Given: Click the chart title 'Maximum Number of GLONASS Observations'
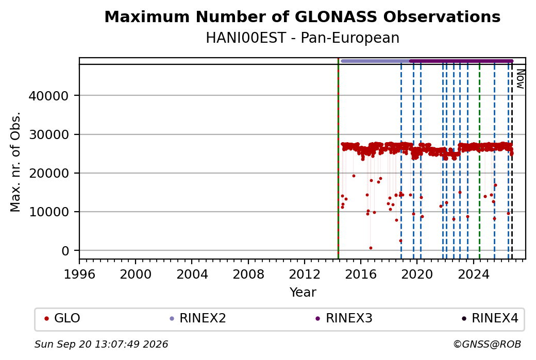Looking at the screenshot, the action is point(302,17).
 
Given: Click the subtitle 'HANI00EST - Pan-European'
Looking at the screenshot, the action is point(302,38).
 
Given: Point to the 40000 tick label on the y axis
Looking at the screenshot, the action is point(48,96).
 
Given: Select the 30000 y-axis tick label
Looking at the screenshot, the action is point(48,134).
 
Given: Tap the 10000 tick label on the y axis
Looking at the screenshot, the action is point(48,212).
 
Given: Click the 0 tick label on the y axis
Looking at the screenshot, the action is point(65,251).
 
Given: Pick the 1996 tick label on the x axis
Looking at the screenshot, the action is point(79,275).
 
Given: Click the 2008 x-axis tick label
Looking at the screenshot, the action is point(248,275).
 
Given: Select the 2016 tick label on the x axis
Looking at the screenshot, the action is point(361,275).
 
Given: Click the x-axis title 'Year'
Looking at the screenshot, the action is point(303,293).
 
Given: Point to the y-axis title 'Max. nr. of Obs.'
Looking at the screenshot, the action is point(15,162).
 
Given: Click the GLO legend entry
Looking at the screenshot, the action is point(62,318).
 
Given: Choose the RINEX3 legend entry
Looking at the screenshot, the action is point(344,318).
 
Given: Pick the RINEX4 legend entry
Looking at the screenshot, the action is point(490,318).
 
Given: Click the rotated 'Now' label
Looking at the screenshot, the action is point(520,79).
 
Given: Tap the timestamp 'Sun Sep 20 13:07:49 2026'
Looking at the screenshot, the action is point(101,344).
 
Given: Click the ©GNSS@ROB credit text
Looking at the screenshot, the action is point(487,344).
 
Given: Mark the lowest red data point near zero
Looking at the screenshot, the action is point(371,248).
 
